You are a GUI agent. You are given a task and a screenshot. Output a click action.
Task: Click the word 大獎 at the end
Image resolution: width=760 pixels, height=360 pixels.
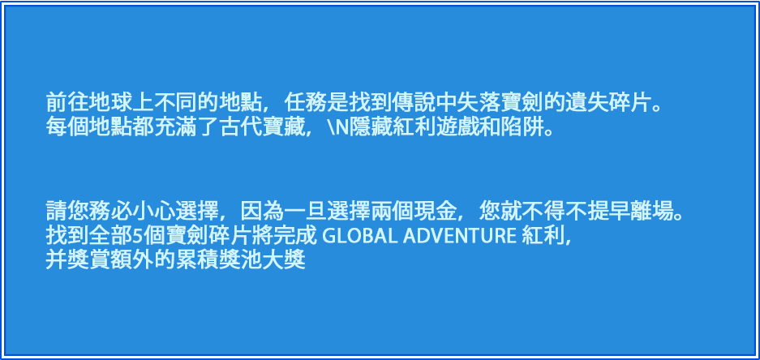pyautogui.click(x=285, y=261)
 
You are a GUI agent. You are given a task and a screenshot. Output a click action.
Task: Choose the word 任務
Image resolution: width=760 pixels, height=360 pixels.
pyautogui.click(x=305, y=103)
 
